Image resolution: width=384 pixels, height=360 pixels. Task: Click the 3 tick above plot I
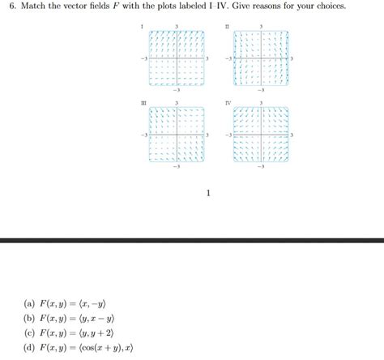pyautogui.click(x=176, y=27)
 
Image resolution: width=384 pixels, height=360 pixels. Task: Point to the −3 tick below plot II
pyautogui.click(x=260, y=91)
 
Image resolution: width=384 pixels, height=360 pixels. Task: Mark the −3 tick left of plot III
pyautogui.click(x=143, y=135)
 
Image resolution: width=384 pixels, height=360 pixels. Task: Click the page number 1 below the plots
pyautogui.click(x=208, y=194)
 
